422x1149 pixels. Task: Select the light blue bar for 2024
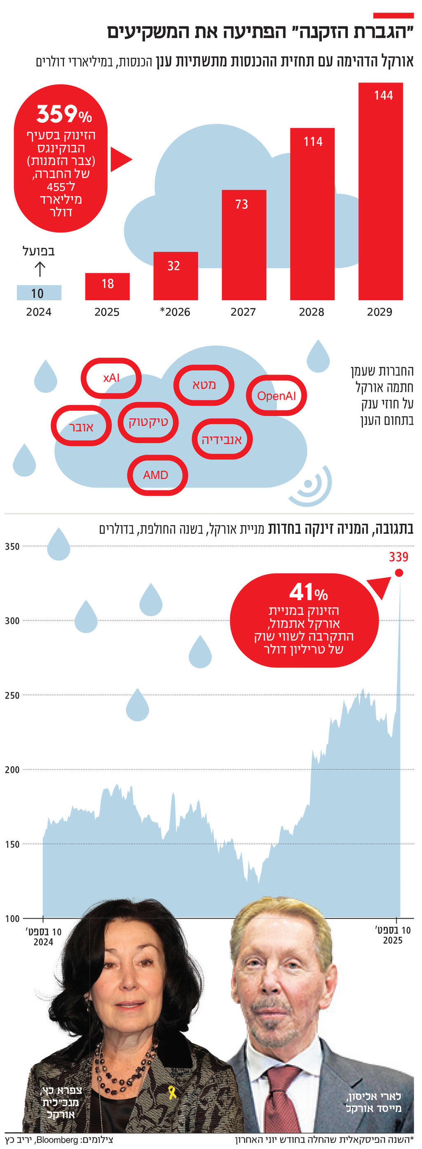[39, 293]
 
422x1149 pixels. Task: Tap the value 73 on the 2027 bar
[241, 204]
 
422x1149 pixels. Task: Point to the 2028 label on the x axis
[312, 312]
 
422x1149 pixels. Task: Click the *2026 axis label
[176, 312]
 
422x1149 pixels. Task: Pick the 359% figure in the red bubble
[64, 115]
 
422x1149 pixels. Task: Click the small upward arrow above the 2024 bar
[40, 269]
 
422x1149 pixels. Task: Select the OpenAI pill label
[276, 396]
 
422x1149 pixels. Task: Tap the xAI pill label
[111, 378]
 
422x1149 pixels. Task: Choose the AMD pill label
[156, 475]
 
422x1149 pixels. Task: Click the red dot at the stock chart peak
[399, 573]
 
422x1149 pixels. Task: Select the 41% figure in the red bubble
[308, 593]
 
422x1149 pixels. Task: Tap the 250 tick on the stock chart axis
[13, 695]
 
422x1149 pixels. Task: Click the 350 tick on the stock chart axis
[13, 546]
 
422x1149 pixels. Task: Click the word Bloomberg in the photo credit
[56, 1140]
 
